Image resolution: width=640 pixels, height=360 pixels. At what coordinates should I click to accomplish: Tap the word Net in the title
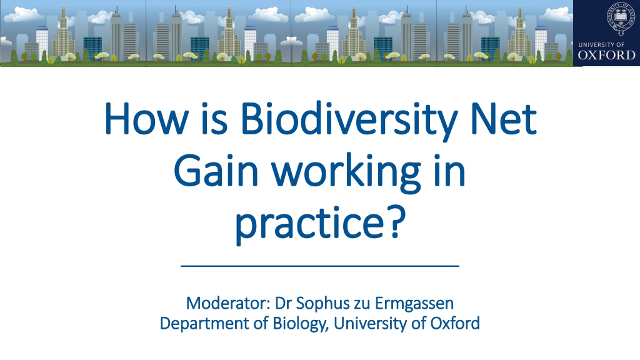click(x=504, y=119)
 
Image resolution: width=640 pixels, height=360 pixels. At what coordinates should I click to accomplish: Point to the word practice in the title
click(x=309, y=223)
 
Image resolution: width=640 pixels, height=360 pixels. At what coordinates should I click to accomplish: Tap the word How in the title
click(x=146, y=119)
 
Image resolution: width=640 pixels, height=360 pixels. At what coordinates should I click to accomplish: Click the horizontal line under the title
click(x=320, y=266)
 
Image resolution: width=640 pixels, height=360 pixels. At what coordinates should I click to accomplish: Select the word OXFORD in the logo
click(x=606, y=55)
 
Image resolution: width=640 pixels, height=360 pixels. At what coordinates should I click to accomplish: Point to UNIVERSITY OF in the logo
click(x=601, y=44)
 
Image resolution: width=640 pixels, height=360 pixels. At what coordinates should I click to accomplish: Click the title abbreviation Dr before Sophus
click(x=283, y=303)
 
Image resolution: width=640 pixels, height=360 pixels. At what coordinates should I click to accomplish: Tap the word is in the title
click(x=214, y=119)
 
